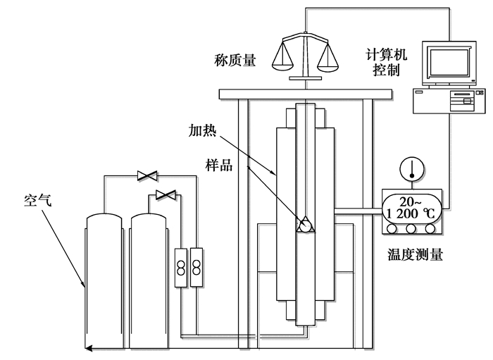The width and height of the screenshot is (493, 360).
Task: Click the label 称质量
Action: click(235, 60)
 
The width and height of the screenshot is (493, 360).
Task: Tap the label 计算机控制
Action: click(386, 62)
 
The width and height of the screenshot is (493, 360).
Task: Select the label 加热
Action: click(202, 130)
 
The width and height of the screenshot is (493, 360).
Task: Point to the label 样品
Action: click(219, 165)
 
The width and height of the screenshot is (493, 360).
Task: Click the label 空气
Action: click(38, 200)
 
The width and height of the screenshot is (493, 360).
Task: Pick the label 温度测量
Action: click(415, 254)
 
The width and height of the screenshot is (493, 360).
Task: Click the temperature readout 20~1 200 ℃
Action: click(411, 208)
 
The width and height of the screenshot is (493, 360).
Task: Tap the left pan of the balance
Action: click(282, 67)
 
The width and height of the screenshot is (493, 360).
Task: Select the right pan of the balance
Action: click(328, 68)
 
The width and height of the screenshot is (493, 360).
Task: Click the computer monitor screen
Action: click(449, 61)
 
